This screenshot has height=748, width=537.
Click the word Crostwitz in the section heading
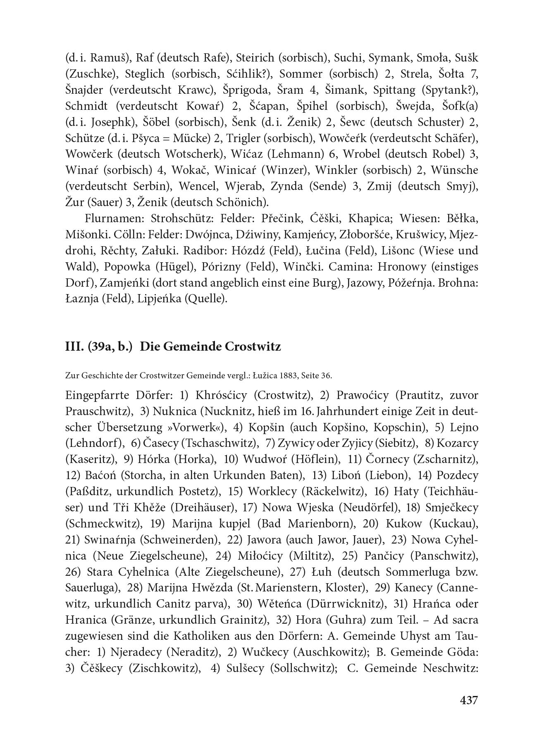coord(253,346)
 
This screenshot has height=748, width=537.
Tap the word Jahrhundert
coord(360,411)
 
